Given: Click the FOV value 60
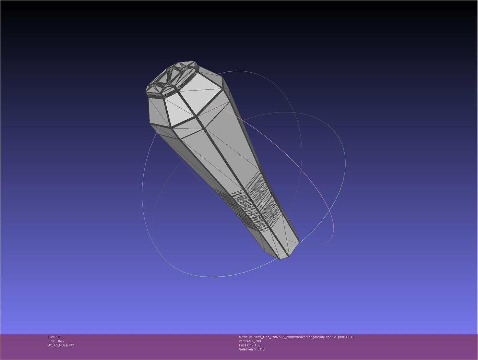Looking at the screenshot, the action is tap(58, 337).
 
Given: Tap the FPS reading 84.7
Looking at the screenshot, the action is tap(61, 341).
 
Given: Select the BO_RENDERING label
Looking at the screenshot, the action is tap(61, 345).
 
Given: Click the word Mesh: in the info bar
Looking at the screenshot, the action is tap(243, 337).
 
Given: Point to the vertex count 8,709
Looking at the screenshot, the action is tap(256, 341).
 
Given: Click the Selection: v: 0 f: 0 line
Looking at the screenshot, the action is tap(252, 349).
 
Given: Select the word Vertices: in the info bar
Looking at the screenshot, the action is tap(245, 341).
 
